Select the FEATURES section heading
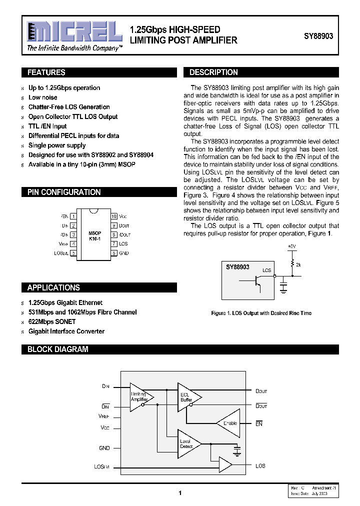click(46, 72)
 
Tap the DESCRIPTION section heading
click(213, 72)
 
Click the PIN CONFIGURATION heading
click(63, 192)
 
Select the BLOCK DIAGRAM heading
click(57, 349)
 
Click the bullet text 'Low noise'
click(43, 97)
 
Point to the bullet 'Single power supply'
click(57, 145)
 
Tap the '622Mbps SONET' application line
click(52, 321)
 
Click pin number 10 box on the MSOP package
click(114, 216)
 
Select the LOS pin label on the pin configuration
click(123, 243)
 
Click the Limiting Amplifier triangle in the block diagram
click(140, 396)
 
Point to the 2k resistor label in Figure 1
click(298, 264)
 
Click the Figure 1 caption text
click(261, 313)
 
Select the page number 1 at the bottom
click(179, 493)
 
